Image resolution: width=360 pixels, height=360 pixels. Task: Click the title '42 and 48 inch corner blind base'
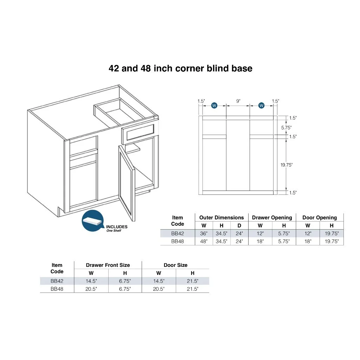(x=180, y=69)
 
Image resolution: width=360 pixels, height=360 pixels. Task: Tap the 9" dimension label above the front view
(x=238, y=101)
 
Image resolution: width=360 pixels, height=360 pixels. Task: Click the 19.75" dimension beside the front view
(x=287, y=165)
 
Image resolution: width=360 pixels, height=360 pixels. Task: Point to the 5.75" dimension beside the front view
(x=286, y=128)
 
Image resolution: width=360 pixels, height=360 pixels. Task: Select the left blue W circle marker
(x=214, y=105)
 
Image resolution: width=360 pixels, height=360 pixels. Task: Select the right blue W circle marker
(x=261, y=105)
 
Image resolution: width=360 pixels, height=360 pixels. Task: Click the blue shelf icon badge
(x=93, y=221)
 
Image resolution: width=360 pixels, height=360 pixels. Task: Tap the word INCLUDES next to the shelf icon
(x=117, y=227)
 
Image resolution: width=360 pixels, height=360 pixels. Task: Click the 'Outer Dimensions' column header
(x=221, y=217)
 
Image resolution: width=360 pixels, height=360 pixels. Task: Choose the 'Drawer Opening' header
(x=272, y=218)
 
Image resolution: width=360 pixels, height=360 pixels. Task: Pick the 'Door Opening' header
(x=320, y=218)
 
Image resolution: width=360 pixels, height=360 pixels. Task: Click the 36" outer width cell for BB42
(x=204, y=233)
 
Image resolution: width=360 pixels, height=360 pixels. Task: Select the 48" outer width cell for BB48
(x=204, y=241)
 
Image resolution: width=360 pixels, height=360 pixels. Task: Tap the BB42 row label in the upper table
(x=178, y=233)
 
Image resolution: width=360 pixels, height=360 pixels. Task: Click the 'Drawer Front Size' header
(x=108, y=265)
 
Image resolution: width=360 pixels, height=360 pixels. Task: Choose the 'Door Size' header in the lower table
(x=176, y=265)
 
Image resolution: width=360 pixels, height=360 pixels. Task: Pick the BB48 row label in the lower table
(x=57, y=289)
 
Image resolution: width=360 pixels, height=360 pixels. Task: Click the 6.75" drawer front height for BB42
(x=125, y=281)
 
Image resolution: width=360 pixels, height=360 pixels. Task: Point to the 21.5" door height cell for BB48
(x=193, y=289)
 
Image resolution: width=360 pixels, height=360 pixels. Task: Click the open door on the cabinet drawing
(x=127, y=181)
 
